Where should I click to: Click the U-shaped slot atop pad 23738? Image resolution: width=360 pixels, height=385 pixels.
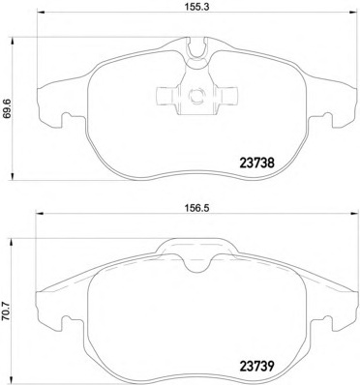(196, 44)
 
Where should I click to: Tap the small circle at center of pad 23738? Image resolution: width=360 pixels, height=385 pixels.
(196, 97)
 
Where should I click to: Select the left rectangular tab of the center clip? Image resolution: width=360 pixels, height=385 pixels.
(162, 97)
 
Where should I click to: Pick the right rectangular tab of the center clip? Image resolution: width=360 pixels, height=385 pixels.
(231, 97)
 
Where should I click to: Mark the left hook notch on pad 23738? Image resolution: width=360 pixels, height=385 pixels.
(57, 121)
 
